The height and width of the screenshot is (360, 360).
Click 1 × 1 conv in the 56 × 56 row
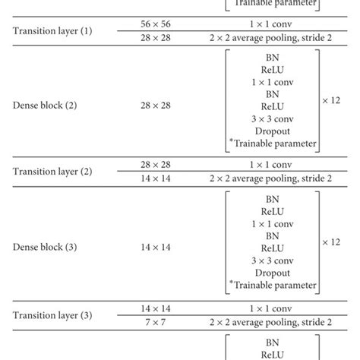(x=272, y=24)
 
